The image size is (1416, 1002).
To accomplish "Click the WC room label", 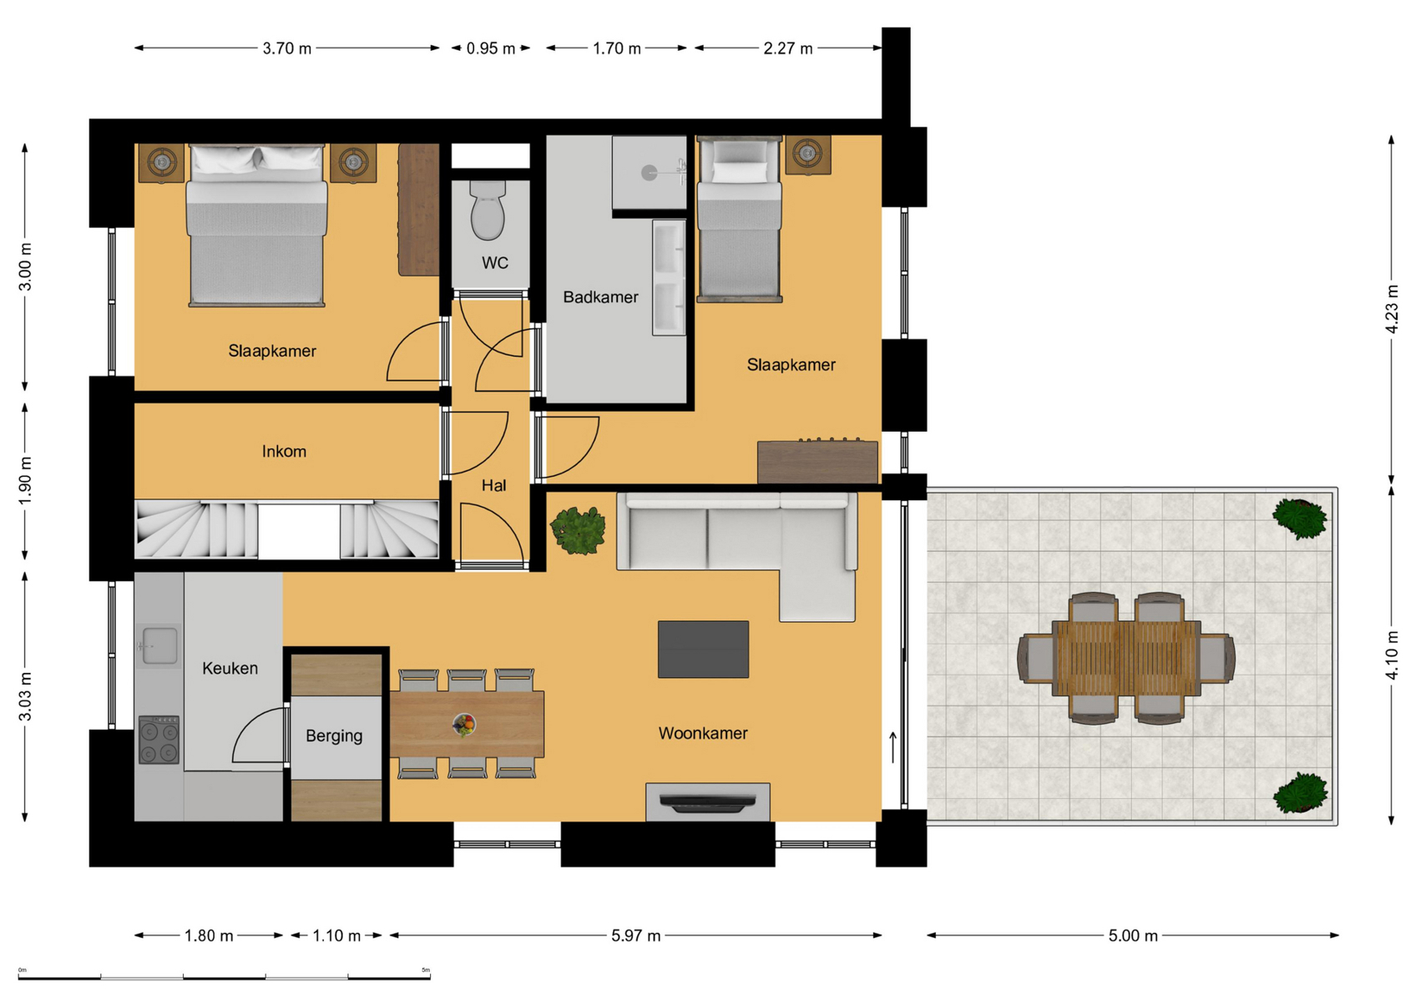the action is coord(494,263).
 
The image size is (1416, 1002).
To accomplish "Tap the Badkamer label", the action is coord(600,297).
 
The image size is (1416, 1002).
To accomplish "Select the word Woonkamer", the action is coord(703,733).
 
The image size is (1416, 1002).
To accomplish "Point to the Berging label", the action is coord(334,736).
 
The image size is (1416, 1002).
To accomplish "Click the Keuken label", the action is coord(230,668).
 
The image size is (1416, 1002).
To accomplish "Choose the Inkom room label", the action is coord(284,452).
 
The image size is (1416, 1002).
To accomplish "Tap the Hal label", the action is coord(493,485).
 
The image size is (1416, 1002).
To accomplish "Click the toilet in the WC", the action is coord(488,210).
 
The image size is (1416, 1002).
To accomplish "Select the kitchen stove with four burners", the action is coord(159,740).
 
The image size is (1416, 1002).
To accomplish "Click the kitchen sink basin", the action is coord(160,645).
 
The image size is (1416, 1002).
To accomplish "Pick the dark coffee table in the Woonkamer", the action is coord(703,650).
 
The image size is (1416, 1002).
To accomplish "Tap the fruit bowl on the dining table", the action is coord(464,725).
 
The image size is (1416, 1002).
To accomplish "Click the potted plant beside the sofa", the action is coord(577,529).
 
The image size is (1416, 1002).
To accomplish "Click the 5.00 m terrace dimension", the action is coord(1133,936).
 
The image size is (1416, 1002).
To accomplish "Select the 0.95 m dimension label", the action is coord(491,48).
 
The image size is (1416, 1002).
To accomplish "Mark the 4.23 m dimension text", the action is coord(1391,309).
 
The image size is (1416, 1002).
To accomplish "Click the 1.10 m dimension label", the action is coord(336,936).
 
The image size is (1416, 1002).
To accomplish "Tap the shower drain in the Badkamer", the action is coord(650,173).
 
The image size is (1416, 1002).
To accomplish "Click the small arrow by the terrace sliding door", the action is coord(893,747).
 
